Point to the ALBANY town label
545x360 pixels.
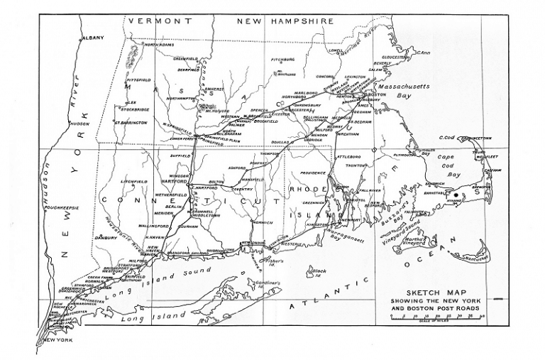tap(92, 37)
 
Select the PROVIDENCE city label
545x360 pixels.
tap(312, 173)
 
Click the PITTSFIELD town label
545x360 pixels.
tap(138, 80)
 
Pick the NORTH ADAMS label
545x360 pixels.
tap(158, 45)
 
